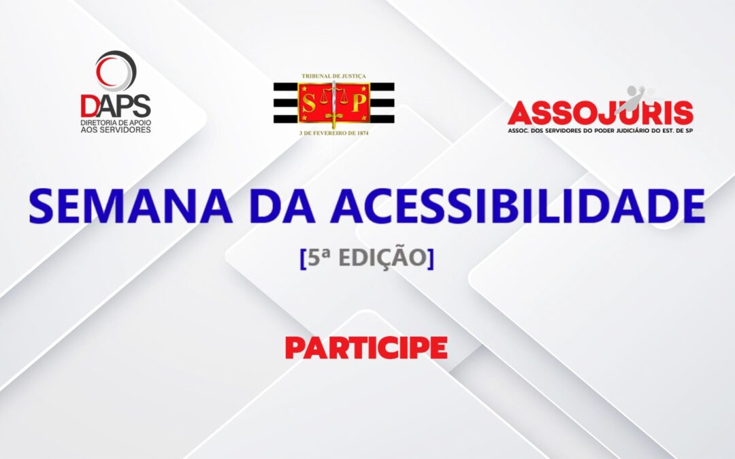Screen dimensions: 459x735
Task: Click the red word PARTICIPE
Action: pos(366,347)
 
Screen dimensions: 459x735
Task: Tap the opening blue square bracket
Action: pos(303,260)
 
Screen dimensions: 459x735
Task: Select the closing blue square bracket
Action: pos(430,260)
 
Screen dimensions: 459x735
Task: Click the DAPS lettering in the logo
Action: pos(116,105)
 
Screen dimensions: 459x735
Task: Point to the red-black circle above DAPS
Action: pos(116,70)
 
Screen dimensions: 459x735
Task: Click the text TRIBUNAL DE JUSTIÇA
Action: pos(333,77)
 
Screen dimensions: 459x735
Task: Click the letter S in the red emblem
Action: pos(310,103)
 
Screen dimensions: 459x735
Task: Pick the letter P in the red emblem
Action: pos(357,103)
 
